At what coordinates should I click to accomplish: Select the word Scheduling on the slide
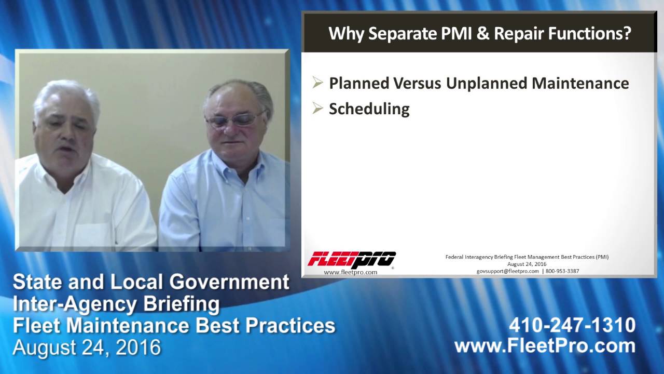(x=369, y=109)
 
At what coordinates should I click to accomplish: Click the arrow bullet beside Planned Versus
(x=317, y=83)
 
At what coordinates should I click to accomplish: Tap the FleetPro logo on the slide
(x=351, y=259)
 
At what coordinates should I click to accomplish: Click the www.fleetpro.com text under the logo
(x=351, y=272)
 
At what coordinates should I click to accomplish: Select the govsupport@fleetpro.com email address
(x=507, y=271)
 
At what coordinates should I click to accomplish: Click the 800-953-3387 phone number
(x=562, y=271)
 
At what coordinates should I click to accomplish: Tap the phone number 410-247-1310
(x=572, y=325)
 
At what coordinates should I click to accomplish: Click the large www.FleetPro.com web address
(x=545, y=346)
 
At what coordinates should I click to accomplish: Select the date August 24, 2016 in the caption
(x=87, y=347)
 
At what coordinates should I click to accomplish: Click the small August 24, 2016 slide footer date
(x=527, y=264)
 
